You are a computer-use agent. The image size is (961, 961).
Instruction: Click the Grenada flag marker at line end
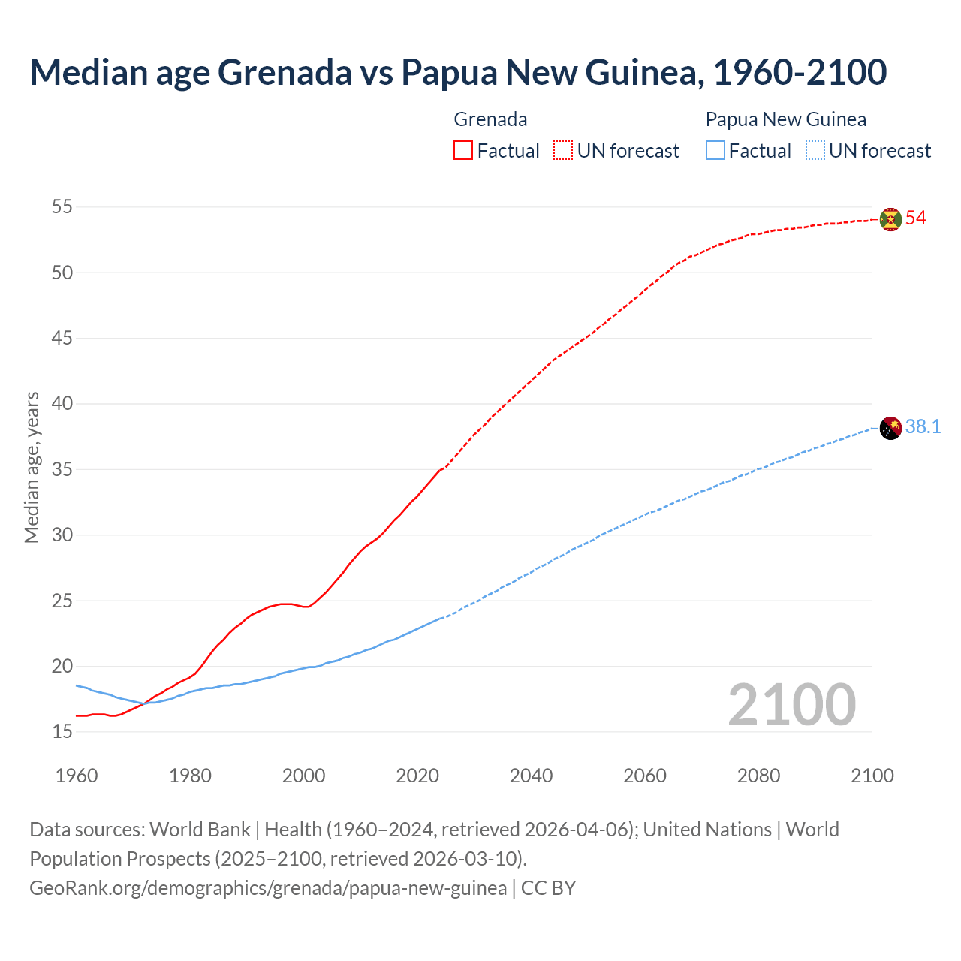coord(890,219)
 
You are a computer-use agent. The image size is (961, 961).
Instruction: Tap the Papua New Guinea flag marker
coord(890,428)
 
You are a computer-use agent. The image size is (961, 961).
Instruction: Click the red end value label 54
coord(916,218)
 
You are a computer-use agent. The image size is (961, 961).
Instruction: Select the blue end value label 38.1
coord(923,427)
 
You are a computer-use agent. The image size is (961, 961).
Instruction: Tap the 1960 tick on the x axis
coord(77,776)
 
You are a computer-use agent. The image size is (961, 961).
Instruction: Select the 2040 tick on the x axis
coord(531,776)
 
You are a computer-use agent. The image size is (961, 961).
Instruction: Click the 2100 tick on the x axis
coord(872,776)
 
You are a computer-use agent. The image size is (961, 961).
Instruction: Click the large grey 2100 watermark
coord(791,704)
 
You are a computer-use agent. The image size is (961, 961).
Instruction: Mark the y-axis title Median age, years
coord(32,467)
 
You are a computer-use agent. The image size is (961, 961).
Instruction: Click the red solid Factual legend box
coord(463,151)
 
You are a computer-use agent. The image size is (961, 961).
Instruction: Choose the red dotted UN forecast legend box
coord(563,151)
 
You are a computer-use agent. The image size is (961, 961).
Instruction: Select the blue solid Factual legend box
coord(715,151)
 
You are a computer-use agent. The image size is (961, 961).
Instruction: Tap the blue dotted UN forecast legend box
coord(815,151)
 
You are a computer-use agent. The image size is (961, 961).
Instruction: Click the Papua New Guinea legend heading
coord(785,119)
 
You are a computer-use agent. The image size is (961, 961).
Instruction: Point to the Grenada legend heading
coord(490,119)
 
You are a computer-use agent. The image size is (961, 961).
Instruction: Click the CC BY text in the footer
coord(548,888)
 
